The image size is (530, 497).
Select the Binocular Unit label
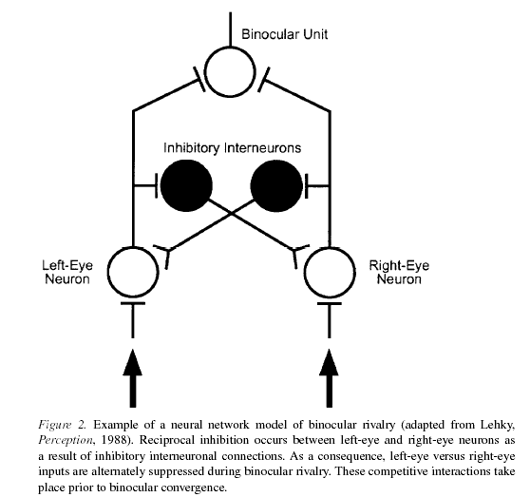[x=285, y=34]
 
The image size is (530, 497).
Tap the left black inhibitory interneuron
[x=186, y=185]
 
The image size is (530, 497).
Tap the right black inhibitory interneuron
[x=276, y=185]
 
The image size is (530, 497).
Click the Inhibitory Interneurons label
[x=232, y=148]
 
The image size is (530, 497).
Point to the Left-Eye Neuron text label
[x=67, y=272]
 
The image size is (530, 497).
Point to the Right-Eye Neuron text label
[x=399, y=272]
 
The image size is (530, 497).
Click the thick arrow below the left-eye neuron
[x=133, y=378]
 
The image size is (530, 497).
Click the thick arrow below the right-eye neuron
[x=329, y=378]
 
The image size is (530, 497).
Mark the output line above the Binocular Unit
[x=230, y=29]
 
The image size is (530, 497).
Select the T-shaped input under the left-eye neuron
[x=133, y=319]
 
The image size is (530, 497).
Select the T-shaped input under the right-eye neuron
[x=330, y=319]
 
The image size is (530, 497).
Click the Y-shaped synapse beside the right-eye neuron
[x=296, y=251]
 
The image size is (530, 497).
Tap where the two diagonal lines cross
[x=231, y=214]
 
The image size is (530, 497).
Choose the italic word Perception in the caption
[x=65, y=441]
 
